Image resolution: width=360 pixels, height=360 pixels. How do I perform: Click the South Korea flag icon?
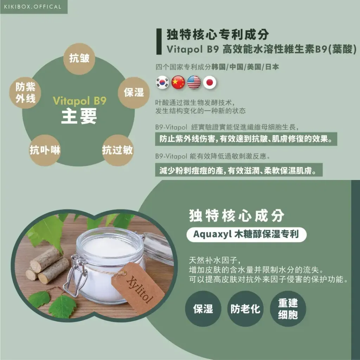(x=162, y=82)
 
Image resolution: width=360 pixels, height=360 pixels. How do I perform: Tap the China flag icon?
(x=178, y=82)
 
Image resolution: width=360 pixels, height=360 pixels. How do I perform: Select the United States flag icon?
(x=194, y=82)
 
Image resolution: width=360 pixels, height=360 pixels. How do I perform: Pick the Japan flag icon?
(x=210, y=82)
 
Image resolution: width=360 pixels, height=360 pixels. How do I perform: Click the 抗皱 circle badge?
(x=79, y=59)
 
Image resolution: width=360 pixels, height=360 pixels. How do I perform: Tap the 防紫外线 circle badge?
(x=25, y=93)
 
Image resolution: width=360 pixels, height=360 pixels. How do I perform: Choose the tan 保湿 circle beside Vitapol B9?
(x=134, y=93)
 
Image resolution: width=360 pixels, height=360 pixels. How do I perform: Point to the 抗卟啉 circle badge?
(x=45, y=150)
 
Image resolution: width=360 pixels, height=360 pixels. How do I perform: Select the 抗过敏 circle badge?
(x=117, y=150)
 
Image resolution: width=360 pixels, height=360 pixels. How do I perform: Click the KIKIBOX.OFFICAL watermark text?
(x=33, y=7)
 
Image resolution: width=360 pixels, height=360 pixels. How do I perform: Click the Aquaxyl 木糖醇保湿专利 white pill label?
(x=246, y=234)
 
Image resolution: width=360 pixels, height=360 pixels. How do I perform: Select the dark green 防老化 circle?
(x=245, y=309)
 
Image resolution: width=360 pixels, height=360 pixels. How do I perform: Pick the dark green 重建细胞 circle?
(x=288, y=309)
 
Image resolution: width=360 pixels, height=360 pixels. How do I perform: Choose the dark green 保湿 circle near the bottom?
(x=203, y=309)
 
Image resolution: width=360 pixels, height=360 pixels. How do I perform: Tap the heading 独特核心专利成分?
(x=218, y=34)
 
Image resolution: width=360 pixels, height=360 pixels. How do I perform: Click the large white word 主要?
(x=79, y=116)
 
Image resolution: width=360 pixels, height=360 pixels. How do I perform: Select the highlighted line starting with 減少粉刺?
(x=239, y=170)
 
